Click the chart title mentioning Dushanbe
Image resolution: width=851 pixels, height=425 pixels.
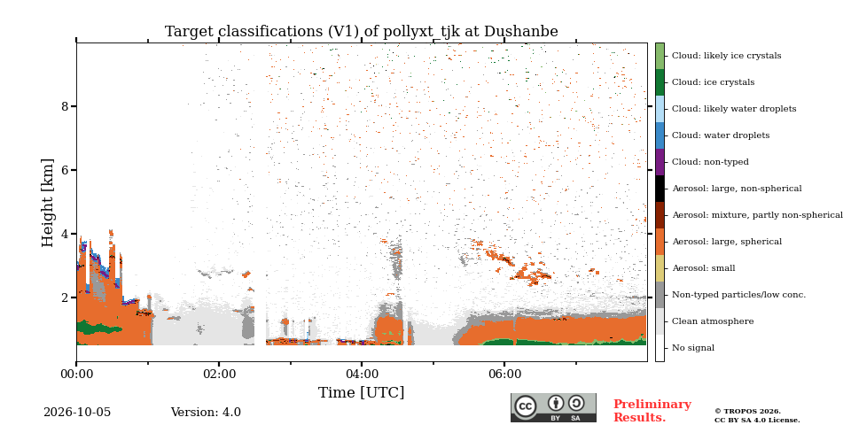(362, 32)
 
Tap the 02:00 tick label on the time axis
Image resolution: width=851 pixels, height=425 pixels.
(219, 374)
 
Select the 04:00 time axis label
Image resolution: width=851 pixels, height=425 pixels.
(362, 374)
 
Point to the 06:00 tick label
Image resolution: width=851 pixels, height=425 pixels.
(504, 374)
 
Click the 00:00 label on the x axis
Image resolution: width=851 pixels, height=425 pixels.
(76, 374)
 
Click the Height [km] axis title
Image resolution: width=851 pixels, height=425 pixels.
(48, 203)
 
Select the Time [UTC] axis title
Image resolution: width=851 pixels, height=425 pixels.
(362, 392)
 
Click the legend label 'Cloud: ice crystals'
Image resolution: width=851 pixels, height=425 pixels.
(713, 82)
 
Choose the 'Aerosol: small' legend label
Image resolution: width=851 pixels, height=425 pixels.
(704, 268)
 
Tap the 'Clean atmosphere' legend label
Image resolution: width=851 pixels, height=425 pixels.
(713, 321)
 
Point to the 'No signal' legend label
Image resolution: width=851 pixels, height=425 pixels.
(693, 348)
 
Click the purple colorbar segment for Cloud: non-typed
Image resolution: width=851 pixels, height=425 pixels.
(660, 162)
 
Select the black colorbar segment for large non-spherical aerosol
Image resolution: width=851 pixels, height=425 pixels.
(660, 189)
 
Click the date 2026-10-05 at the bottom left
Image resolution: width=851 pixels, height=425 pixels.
(77, 413)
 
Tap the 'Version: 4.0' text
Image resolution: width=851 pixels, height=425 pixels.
(206, 413)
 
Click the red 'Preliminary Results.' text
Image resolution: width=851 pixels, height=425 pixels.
(652, 411)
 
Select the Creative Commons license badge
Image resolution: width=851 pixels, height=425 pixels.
(553, 407)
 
